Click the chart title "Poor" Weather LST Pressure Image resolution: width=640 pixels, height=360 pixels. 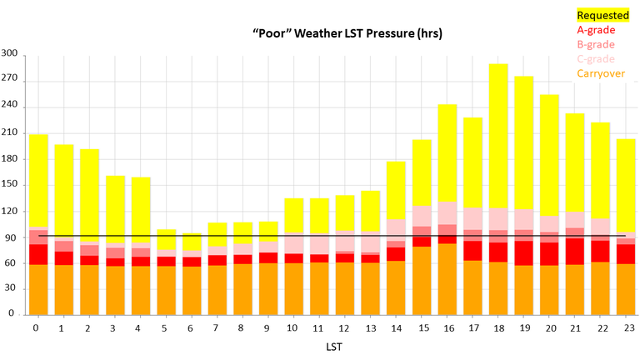coord(336,34)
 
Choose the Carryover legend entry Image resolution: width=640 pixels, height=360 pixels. coord(600,74)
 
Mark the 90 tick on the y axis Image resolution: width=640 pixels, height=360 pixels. coord(12,237)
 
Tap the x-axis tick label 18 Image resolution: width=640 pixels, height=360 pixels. coord(498,328)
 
